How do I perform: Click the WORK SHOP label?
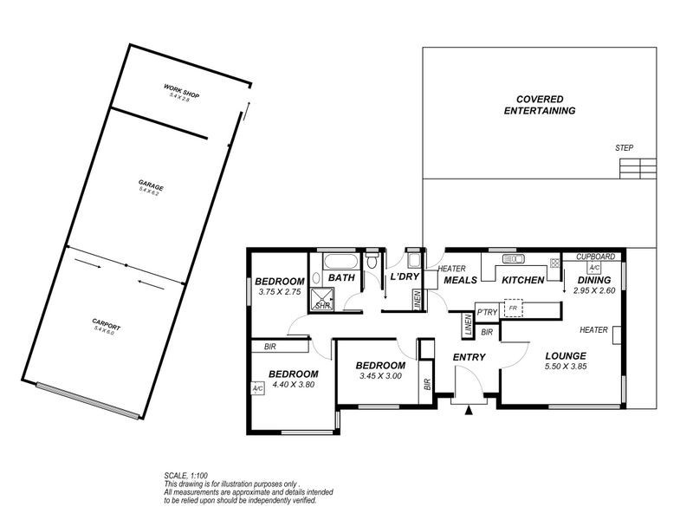tap(182, 91)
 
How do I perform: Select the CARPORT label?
tap(107, 327)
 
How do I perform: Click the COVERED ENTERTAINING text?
tap(541, 105)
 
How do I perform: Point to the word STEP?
tap(624, 148)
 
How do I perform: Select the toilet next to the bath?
tap(372, 259)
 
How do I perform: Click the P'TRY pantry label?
tap(486, 311)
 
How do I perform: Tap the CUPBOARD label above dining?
tap(595, 257)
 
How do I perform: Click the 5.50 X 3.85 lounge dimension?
tap(566, 367)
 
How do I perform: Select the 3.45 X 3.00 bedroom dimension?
tap(380, 377)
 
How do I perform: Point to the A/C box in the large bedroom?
tap(257, 388)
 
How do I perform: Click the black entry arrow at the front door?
tap(468, 409)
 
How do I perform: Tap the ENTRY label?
tap(469, 357)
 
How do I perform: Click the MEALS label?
tap(461, 280)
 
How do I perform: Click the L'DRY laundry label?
tap(405, 278)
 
